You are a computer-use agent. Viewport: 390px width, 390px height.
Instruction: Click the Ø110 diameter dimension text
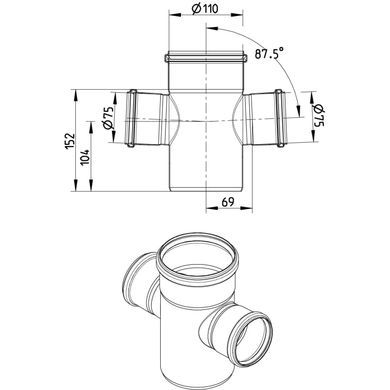[x=205, y=9]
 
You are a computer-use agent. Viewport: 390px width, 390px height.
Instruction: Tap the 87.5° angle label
[x=269, y=53]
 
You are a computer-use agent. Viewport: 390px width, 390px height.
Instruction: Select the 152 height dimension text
[x=70, y=141]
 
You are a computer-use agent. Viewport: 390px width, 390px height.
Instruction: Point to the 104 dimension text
[x=85, y=157]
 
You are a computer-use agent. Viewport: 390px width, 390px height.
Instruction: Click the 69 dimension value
[x=228, y=202]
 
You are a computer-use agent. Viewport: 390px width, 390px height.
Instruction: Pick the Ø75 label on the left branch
[x=108, y=117]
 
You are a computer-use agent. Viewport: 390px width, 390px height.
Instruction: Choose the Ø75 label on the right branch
[x=319, y=116]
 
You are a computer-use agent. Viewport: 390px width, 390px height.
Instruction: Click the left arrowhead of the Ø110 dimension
[x=175, y=15]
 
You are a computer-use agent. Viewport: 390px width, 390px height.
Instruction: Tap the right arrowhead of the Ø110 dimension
[x=237, y=15]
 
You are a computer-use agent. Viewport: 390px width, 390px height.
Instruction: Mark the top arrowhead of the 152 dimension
[x=75, y=95]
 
